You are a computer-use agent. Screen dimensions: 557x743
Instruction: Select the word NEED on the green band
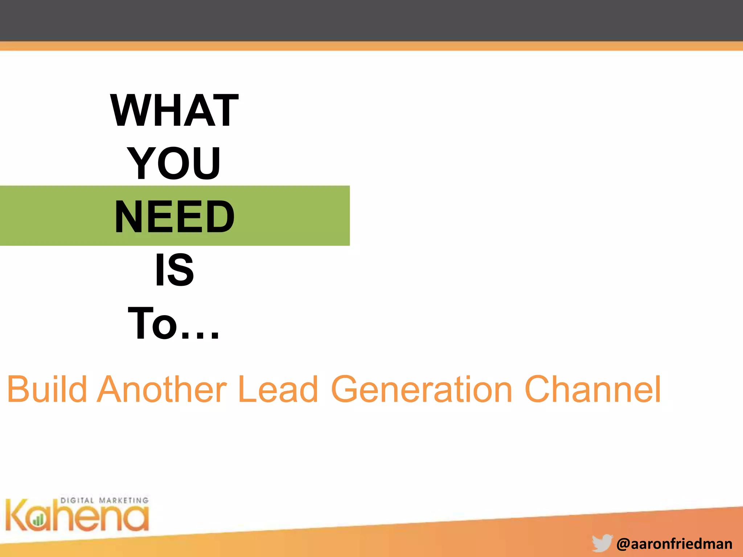175,216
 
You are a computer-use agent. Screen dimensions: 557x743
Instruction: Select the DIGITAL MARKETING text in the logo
104,500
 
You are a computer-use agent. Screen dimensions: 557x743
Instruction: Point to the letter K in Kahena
16,515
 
